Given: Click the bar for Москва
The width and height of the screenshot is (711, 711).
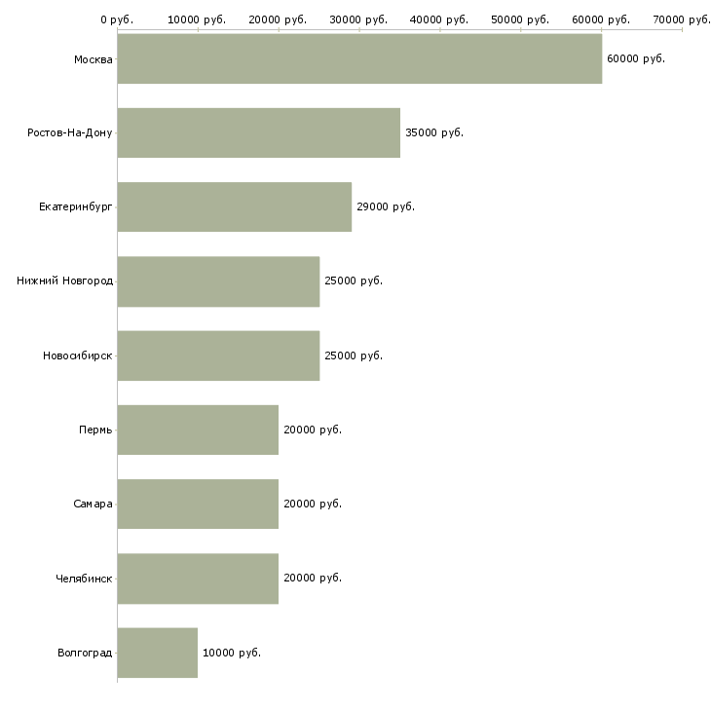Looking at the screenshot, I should pyautogui.click(x=359, y=58).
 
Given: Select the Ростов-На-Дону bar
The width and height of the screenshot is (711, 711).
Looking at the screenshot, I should pyautogui.click(x=258, y=132).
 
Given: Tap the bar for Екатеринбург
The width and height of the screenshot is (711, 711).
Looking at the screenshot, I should pyautogui.click(x=234, y=206).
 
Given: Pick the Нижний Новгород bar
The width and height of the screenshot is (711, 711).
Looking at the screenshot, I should pyautogui.click(x=218, y=281).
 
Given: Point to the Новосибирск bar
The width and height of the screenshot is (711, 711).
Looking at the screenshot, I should pyautogui.click(x=218, y=355).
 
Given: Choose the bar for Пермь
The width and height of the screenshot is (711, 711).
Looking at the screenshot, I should pyautogui.click(x=198, y=430).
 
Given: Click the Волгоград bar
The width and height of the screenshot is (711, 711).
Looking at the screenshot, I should pyautogui.click(x=157, y=653).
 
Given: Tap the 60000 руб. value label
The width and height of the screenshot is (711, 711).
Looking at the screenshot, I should pyautogui.click(x=635, y=58).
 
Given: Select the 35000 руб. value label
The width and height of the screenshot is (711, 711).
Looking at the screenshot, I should pyautogui.click(x=433, y=132).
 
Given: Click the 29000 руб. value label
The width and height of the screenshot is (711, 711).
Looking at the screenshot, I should pyautogui.click(x=385, y=206).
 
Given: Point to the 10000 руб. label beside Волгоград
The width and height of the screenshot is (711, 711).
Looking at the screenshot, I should pyautogui.click(x=231, y=653).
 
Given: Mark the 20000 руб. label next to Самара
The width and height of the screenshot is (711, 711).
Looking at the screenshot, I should pyautogui.click(x=312, y=504).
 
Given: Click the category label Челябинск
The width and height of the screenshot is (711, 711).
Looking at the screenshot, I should pyautogui.click(x=84, y=579).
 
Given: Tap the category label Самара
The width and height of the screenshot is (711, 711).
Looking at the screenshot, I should pyautogui.click(x=93, y=504).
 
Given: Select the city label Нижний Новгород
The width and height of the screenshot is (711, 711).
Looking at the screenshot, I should pyautogui.click(x=64, y=281).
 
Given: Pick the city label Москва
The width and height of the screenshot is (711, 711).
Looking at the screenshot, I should pyautogui.click(x=93, y=58).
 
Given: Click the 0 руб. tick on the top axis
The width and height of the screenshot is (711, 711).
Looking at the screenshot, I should pyautogui.click(x=117, y=19).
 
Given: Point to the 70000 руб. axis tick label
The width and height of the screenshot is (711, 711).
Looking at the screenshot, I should pyautogui.click(x=682, y=19).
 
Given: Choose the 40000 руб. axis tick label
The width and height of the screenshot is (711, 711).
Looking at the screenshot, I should pyautogui.click(x=439, y=19).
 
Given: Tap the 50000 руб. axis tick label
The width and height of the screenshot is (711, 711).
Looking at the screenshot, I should pyautogui.click(x=520, y=19).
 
